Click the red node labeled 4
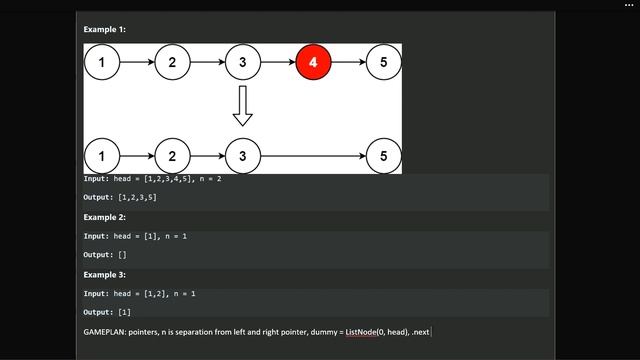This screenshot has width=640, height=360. coord(312,63)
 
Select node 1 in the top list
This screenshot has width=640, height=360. coord(102,63)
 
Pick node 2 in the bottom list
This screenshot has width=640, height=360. coord(172,156)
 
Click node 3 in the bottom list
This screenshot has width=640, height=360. coord(242,156)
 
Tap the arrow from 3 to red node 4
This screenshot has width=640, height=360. coord(277,63)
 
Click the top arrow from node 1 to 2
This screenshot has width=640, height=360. coord(137,63)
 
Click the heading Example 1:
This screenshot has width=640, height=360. coord(104,30)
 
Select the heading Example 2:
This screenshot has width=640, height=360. coord(104,217)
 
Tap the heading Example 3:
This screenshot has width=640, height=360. coord(104,273)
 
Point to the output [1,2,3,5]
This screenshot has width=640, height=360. coord(136,198)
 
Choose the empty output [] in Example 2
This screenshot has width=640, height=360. coord(122,255)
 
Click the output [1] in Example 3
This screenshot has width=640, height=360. coord(124,312)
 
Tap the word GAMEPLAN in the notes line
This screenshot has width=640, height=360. coord(108,331)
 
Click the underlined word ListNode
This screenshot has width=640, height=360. coord(365,331)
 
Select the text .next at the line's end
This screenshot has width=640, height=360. coord(421,331)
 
